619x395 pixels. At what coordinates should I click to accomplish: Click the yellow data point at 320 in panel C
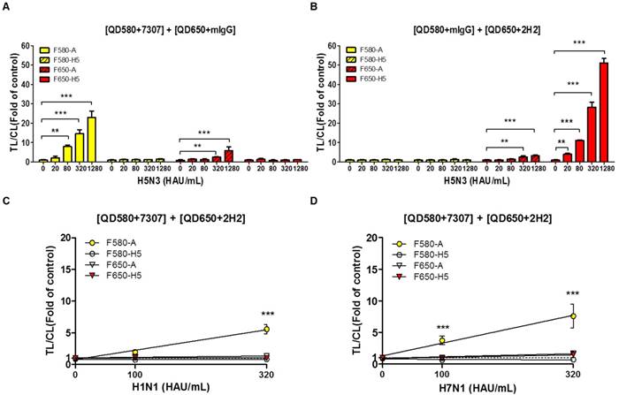click(x=266, y=330)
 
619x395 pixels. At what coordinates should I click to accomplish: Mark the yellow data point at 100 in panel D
click(x=441, y=340)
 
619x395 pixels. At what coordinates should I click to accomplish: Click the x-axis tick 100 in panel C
click(x=134, y=373)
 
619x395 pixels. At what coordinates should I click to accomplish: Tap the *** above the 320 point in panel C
click(x=266, y=313)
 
